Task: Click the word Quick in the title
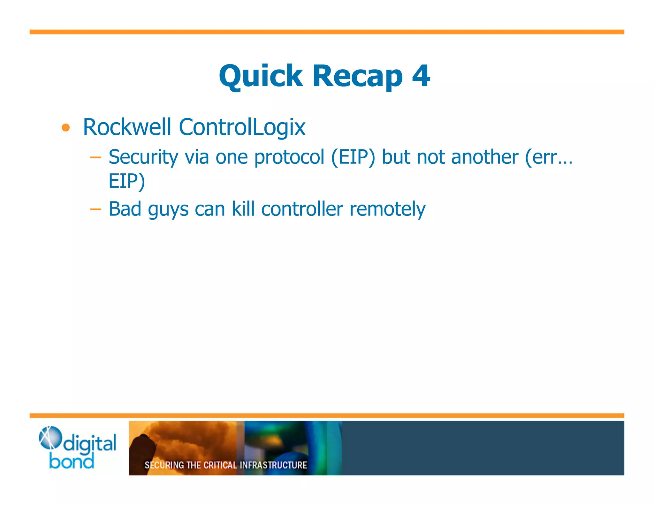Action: pos(261,76)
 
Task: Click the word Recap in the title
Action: pos(357,76)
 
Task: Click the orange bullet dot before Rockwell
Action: pos(66,128)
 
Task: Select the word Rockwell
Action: pos(127,127)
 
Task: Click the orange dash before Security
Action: pos(95,157)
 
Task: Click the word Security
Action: pos(143,157)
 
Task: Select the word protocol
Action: pos(289,157)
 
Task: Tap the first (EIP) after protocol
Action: pos(353,157)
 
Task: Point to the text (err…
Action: pos(549,157)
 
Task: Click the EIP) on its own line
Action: pos(127,181)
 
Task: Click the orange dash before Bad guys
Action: pos(95,209)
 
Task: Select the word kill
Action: pos(243,209)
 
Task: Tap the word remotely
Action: pos(387,210)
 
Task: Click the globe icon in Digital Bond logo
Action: pos(50,437)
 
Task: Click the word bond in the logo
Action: pos(72,462)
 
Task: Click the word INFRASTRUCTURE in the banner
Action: pos(273,465)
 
